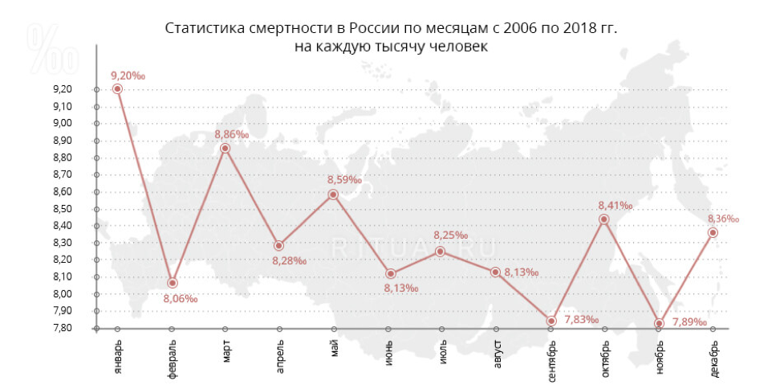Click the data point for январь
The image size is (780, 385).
[117, 89]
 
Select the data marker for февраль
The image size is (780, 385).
[172, 283]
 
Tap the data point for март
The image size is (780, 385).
[225, 148]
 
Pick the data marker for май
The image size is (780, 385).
[333, 195]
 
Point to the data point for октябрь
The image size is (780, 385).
[604, 219]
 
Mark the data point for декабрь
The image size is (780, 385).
[713, 232]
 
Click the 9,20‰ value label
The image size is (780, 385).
[128, 76]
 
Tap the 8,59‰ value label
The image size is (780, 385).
[344, 179]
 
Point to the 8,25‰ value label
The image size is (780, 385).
[450, 235]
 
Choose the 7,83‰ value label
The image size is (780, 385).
[582, 320]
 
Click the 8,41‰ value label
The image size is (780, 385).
[615, 206]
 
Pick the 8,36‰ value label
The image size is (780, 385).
[723, 218]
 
